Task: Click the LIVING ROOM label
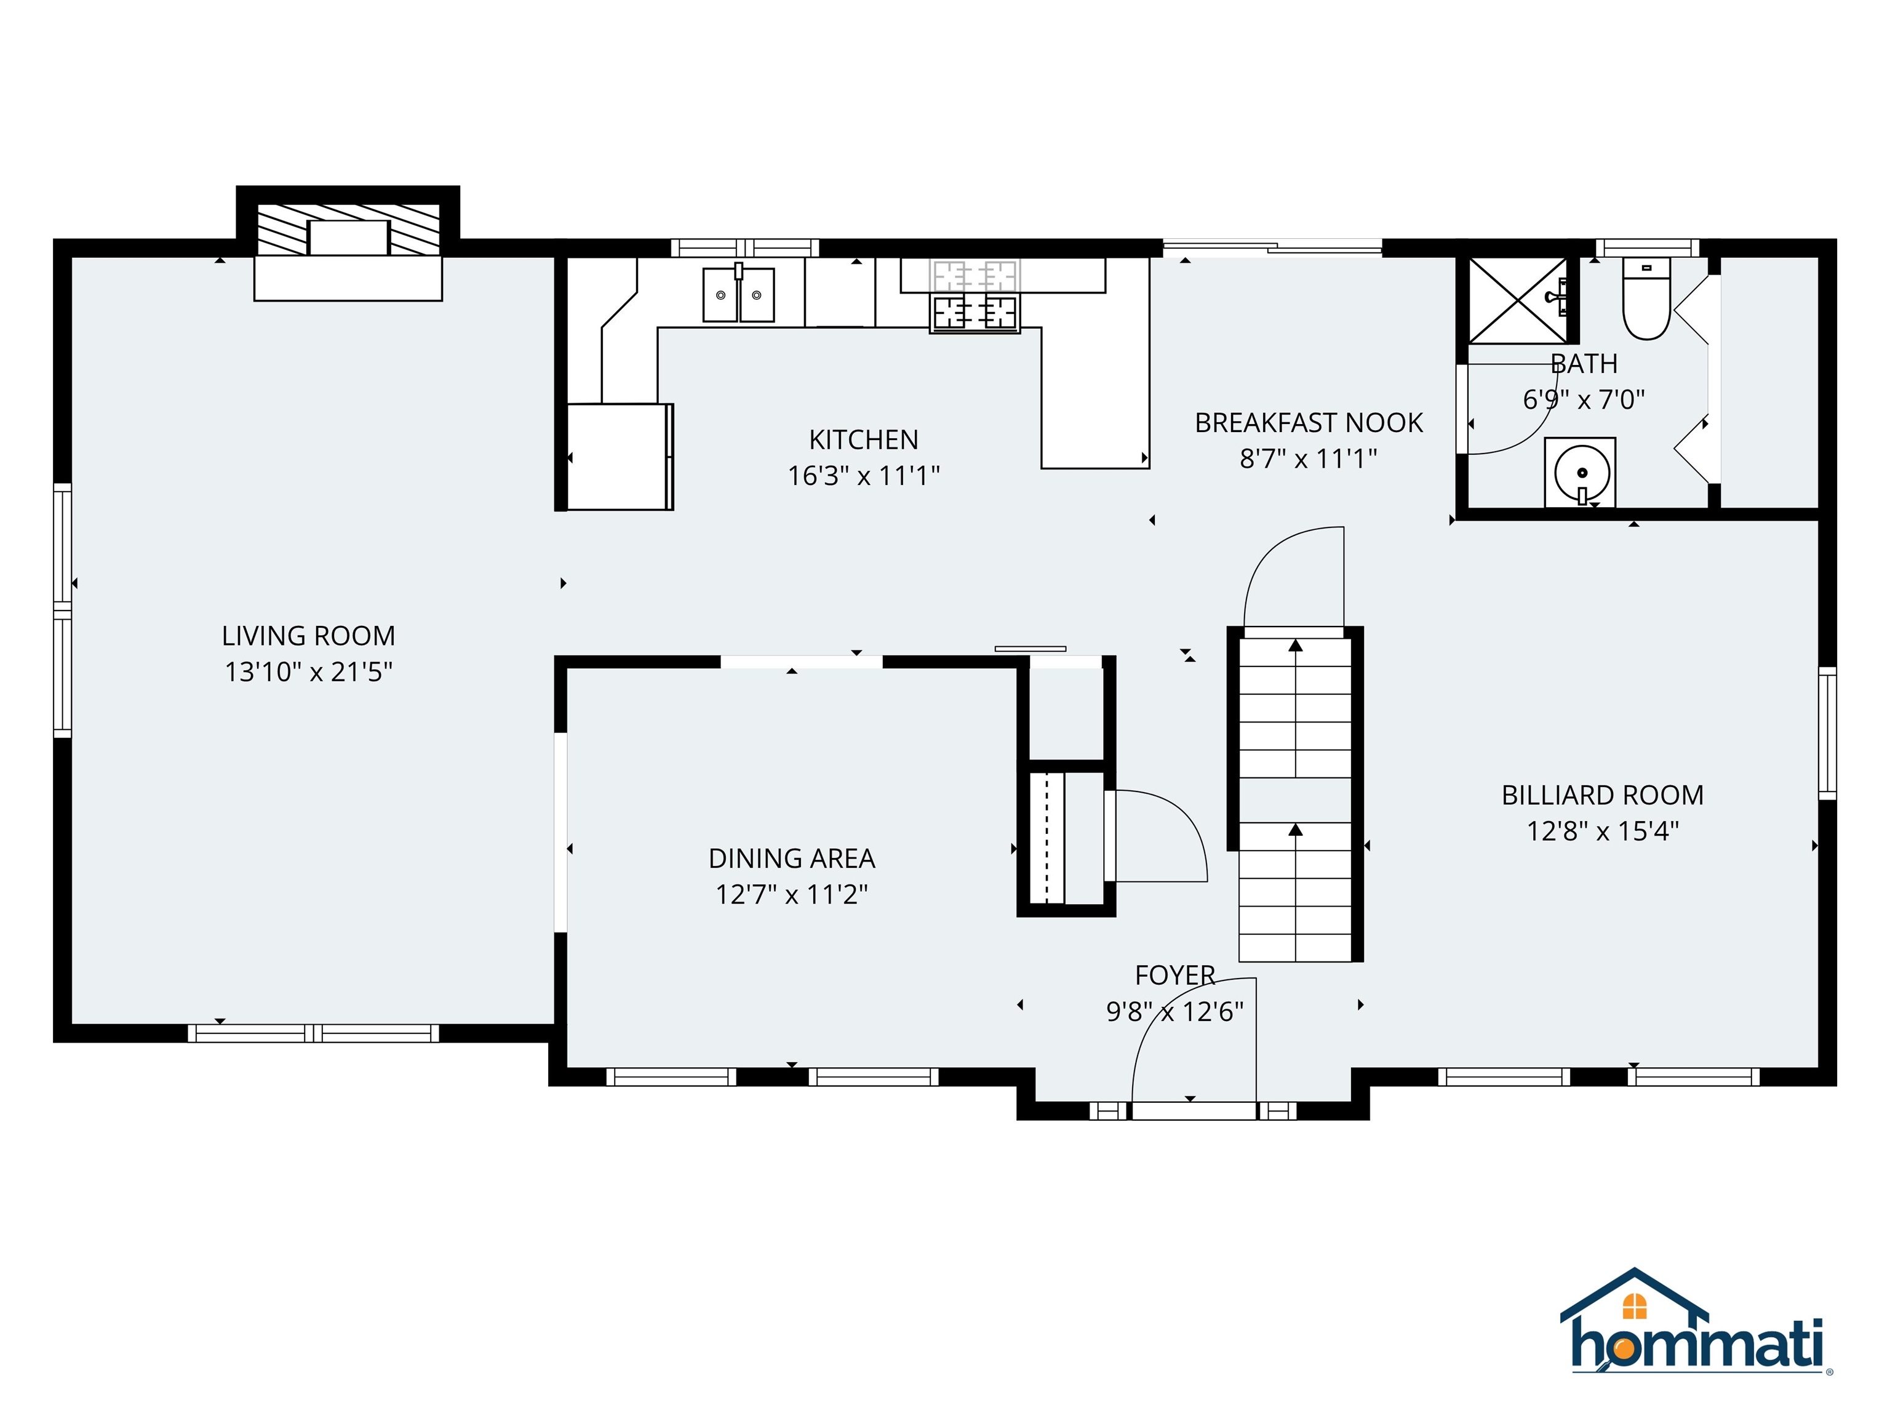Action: [308, 636]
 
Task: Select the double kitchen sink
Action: [738, 295]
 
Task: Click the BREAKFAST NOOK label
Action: [1308, 423]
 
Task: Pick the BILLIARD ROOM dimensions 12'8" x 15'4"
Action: [1603, 831]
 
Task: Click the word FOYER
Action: [1175, 975]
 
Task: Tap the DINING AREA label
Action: [791, 858]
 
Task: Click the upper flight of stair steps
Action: [1295, 710]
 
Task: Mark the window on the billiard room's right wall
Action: [1827, 734]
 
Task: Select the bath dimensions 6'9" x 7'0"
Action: [1583, 399]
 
